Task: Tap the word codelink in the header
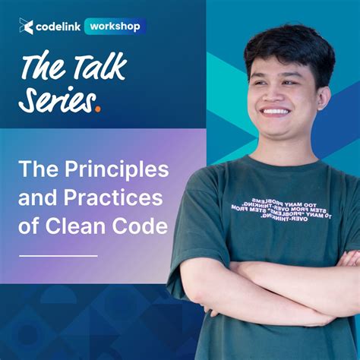coord(58,27)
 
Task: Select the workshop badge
coord(115,26)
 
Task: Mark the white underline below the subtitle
coord(58,255)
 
